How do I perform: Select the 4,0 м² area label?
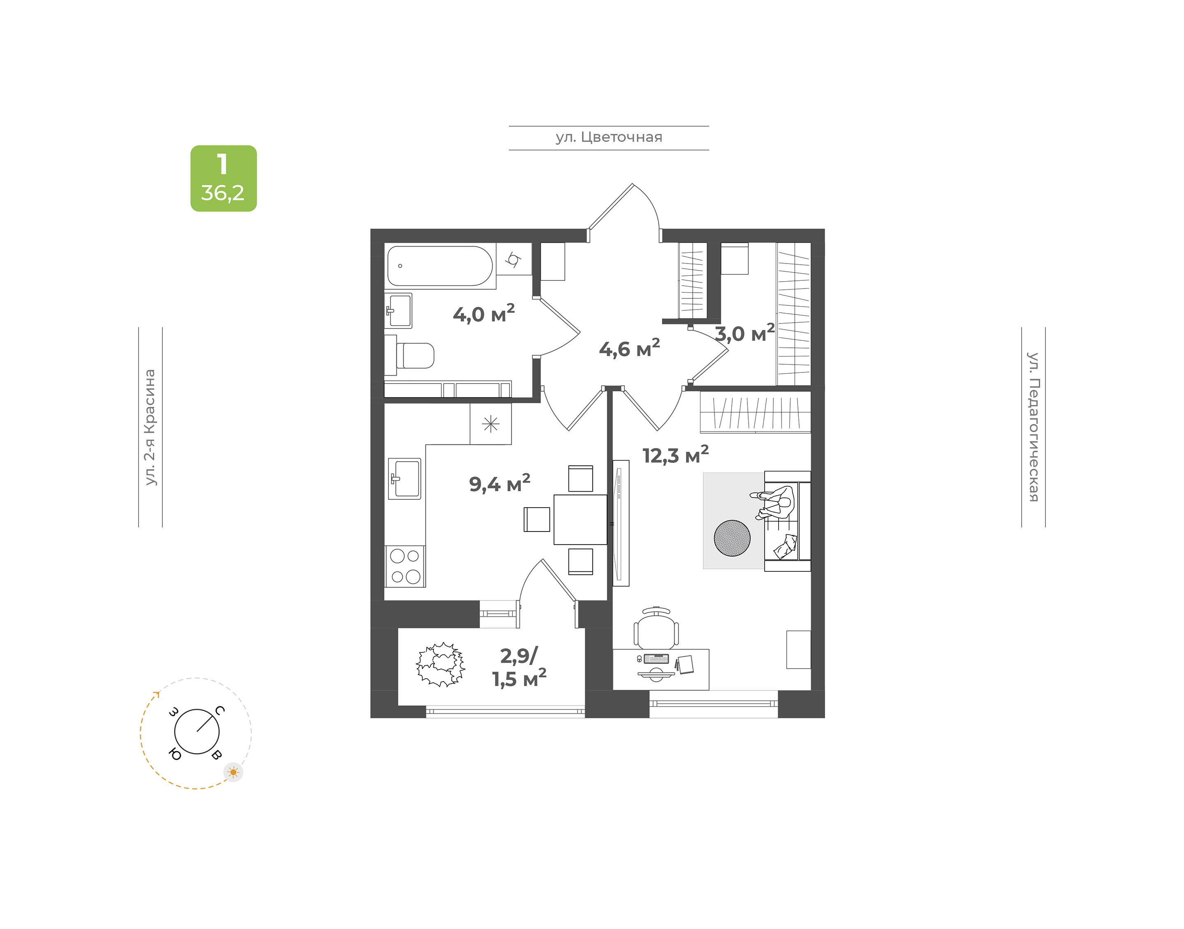coord(483,313)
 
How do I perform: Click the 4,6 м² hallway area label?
coord(629,348)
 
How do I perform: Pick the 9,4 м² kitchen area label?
coord(499,483)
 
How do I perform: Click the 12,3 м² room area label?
coord(675,455)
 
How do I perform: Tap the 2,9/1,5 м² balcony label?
coord(519,668)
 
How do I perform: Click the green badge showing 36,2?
coord(224,178)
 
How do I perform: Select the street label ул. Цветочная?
coord(608,137)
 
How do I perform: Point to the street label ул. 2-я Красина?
coord(150,427)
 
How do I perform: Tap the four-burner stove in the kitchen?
coord(405,566)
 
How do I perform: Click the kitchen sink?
coord(404,478)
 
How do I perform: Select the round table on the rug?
coord(732,538)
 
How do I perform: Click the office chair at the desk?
coord(657,628)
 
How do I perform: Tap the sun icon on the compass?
coord(234,772)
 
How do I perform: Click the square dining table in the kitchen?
coord(580,520)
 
